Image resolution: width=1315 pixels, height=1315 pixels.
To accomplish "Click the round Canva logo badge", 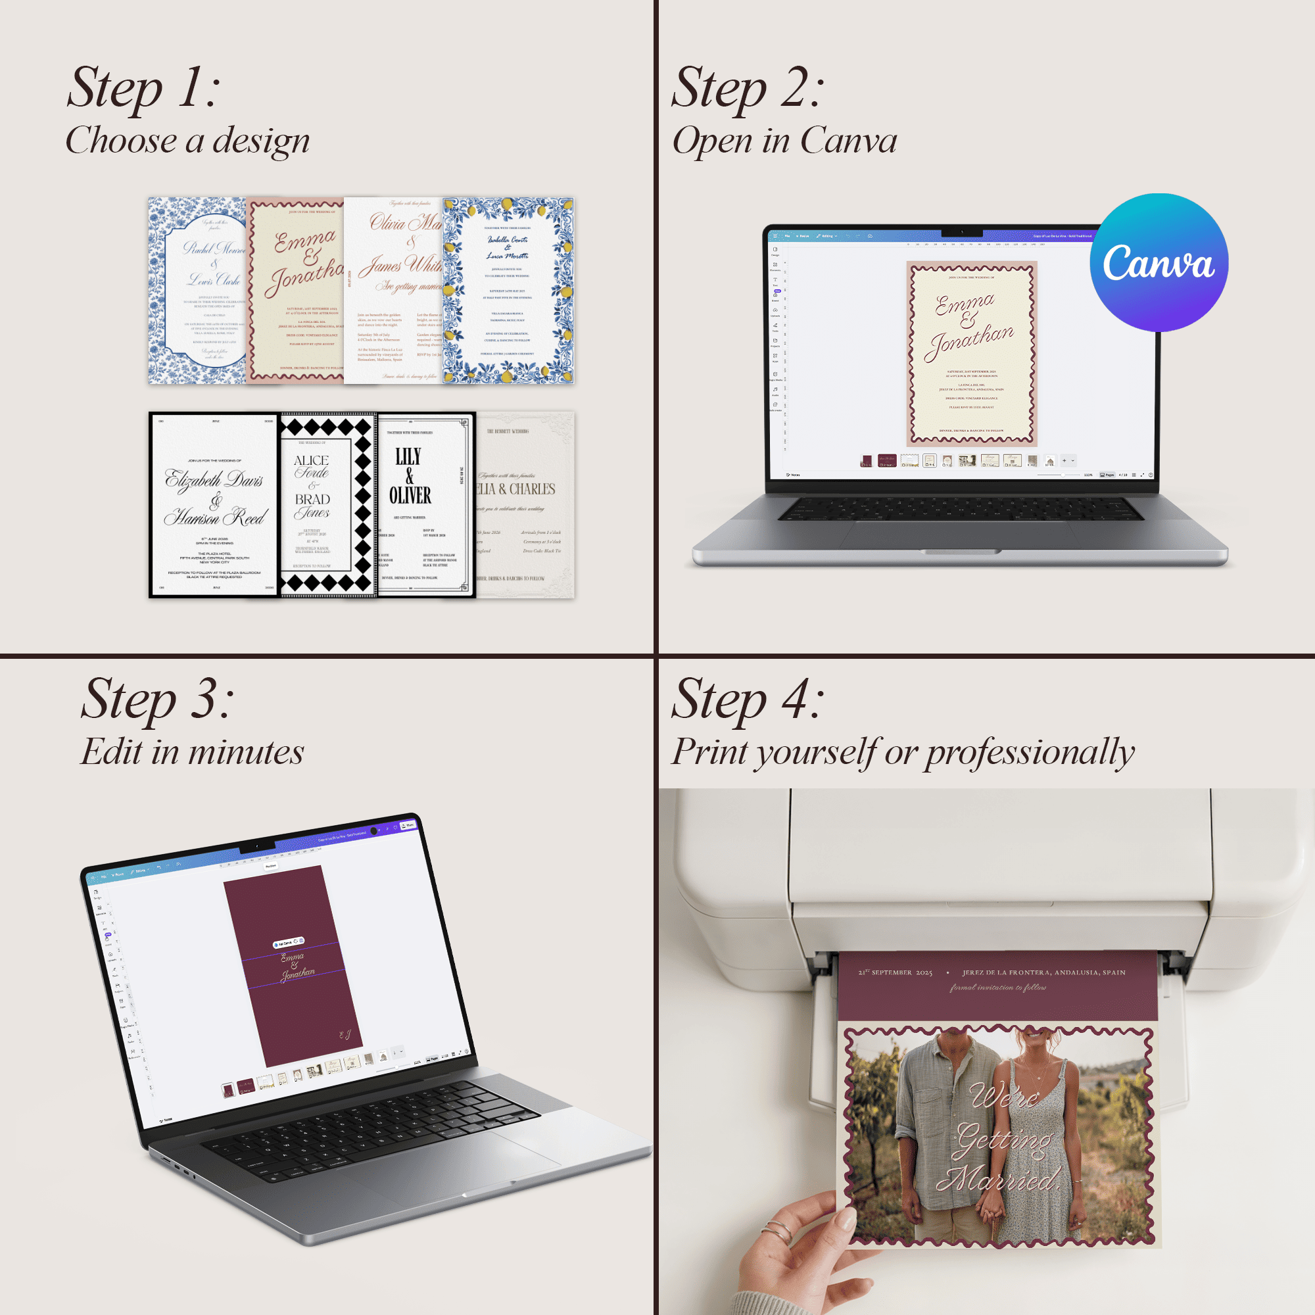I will point(1159,263).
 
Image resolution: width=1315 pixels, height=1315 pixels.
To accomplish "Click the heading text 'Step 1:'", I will point(143,88).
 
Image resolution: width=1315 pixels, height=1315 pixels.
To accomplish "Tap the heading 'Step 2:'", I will point(748,88).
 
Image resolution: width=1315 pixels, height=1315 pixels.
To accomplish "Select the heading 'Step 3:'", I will point(157,699).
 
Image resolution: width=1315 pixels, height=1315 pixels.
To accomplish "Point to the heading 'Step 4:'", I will point(748,699).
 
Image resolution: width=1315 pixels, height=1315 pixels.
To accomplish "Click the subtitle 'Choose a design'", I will point(187,140).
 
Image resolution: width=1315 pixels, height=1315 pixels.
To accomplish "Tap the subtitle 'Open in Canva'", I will point(784,140).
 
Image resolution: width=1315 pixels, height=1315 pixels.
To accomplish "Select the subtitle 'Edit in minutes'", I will point(192,752).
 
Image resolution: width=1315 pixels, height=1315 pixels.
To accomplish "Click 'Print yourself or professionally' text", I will point(903,752).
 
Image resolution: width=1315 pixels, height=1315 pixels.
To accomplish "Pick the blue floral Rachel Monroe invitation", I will point(196,291).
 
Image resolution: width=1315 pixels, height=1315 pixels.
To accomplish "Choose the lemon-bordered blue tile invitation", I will point(508,291).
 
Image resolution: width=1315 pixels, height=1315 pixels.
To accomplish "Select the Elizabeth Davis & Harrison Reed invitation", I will point(214,505).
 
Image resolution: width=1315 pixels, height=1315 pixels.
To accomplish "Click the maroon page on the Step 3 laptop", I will point(293,967).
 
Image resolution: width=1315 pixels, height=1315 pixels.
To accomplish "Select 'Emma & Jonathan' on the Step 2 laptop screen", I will point(970,326).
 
